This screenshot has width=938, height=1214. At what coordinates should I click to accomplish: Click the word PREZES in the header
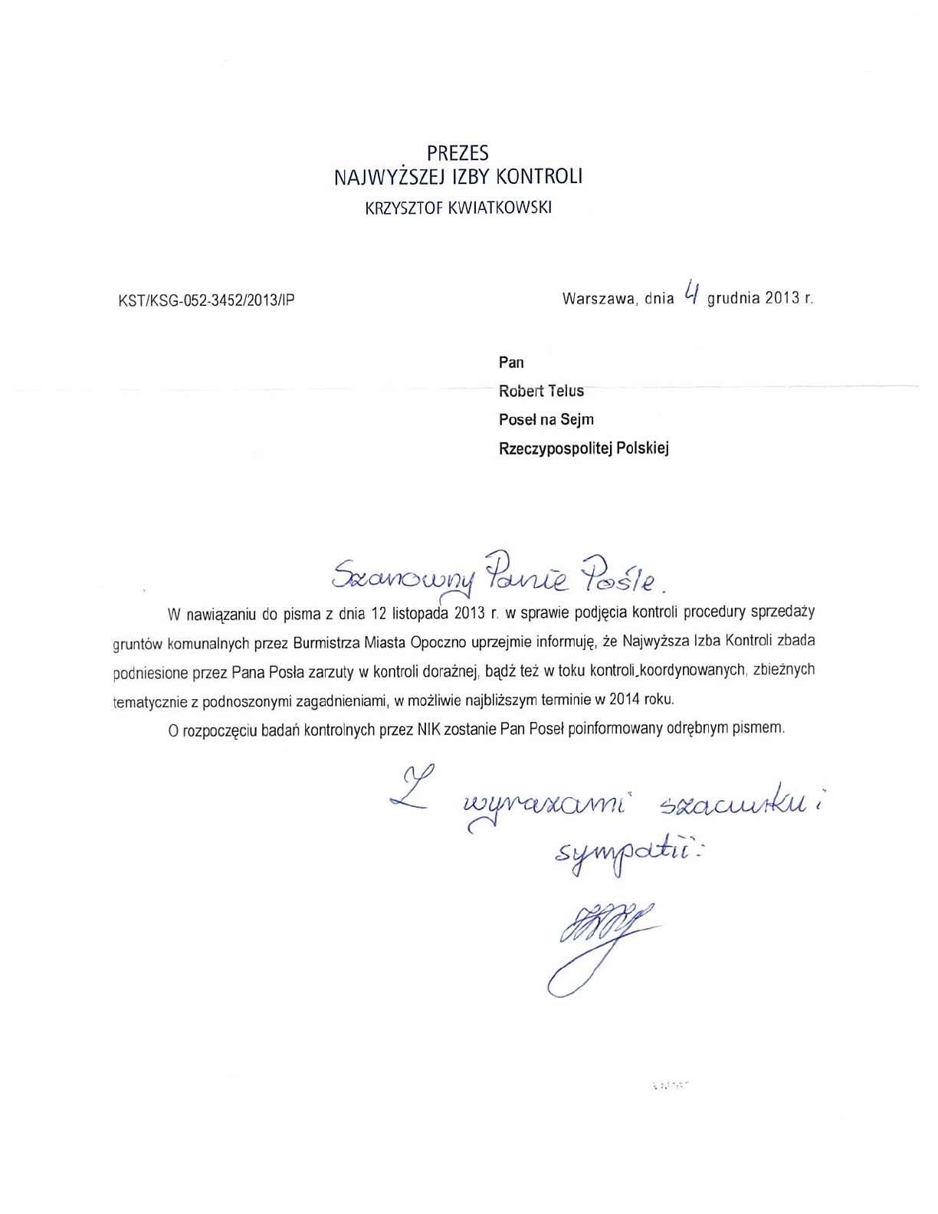click(458, 153)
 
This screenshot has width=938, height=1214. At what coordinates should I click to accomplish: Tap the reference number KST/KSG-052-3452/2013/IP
click(206, 300)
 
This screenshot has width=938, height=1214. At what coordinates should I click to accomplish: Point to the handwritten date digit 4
click(690, 293)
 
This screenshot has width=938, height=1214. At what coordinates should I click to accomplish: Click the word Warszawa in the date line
click(599, 298)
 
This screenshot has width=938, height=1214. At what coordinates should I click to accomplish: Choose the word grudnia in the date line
click(733, 298)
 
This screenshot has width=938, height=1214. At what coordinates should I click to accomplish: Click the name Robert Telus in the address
click(541, 391)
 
